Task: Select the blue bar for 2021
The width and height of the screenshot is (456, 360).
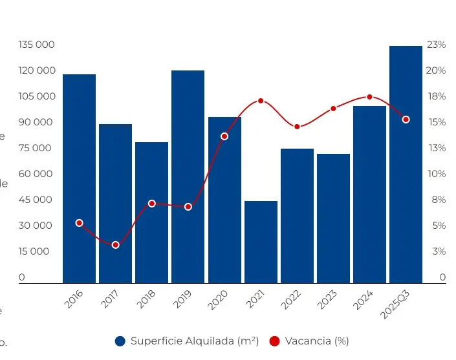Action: (x=261, y=242)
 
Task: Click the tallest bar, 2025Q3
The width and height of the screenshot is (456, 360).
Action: (x=406, y=164)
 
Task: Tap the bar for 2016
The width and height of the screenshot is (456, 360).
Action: (x=79, y=178)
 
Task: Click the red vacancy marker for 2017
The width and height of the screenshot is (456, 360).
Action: (x=116, y=245)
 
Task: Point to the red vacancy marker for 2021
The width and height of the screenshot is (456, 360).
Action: (x=261, y=101)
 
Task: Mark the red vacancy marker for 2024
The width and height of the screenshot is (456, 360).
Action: (x=369, y=97)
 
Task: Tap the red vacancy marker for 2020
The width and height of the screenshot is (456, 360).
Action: (x=224, y=136)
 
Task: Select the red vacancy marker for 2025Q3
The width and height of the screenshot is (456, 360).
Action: (x=406, y=120)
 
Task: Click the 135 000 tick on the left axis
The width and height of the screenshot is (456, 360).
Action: (x=36, y=45)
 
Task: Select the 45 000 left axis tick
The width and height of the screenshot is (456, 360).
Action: (x=36, y=200)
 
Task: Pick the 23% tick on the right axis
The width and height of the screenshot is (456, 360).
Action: (x=436, y=45)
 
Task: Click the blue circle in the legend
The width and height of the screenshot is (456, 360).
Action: (x=120, y=341)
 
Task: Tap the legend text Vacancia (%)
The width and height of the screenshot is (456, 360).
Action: (x=317, y=341)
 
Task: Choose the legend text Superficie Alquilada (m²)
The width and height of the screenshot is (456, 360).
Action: (x=194, y=341)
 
